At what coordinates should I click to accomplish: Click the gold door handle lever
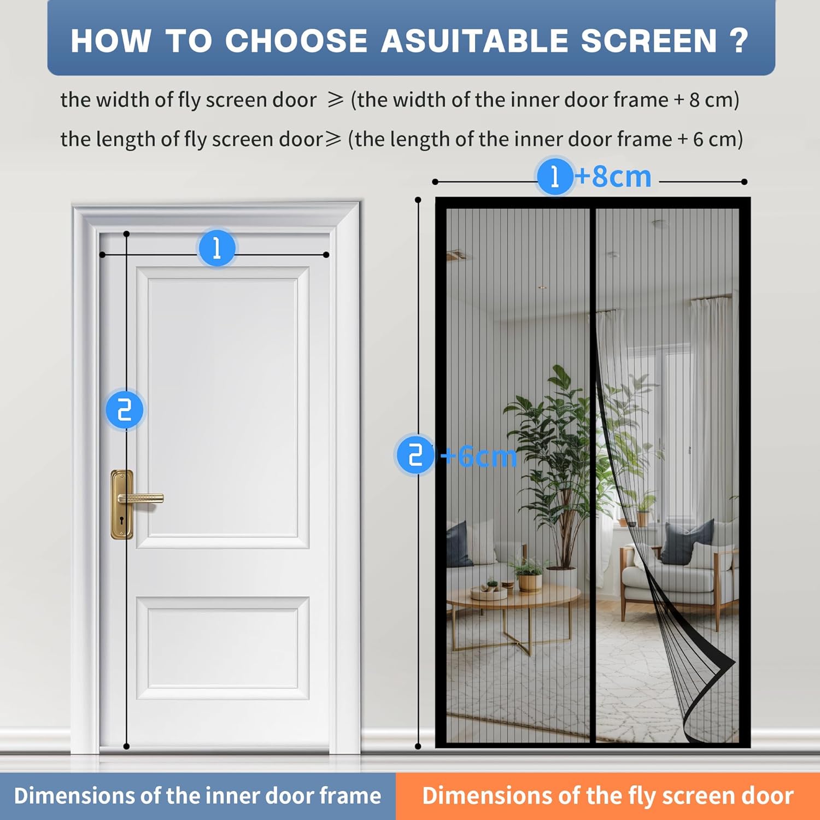[140, 498]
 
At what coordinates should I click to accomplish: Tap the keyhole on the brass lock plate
[122, 520]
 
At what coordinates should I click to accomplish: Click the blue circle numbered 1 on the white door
[217, 248]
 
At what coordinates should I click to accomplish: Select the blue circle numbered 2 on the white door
[125, 409]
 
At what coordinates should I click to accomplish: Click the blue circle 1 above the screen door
[555, 176]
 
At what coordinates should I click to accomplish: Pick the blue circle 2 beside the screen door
[415, 454]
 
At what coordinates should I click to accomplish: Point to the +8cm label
[613, 177]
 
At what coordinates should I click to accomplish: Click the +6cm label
[479, 456]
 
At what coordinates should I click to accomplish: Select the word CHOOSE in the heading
[296, 40]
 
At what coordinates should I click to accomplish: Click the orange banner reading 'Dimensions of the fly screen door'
[608, 796]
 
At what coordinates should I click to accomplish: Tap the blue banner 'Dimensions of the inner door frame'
[197, 796]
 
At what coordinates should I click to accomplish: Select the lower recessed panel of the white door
[222, 648]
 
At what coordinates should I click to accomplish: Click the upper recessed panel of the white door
[222, 407]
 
